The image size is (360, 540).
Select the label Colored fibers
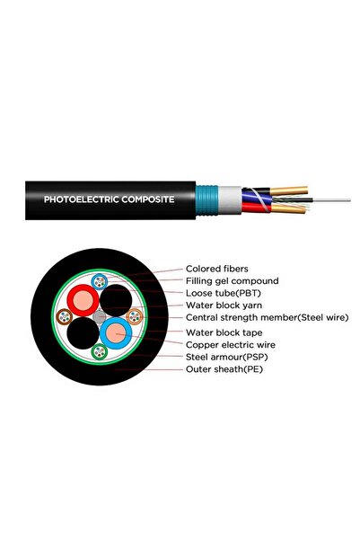(x=218, y=268)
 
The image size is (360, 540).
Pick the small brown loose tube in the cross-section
(x=65, y=316)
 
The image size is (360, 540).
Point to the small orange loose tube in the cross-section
(x=136, y=316)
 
